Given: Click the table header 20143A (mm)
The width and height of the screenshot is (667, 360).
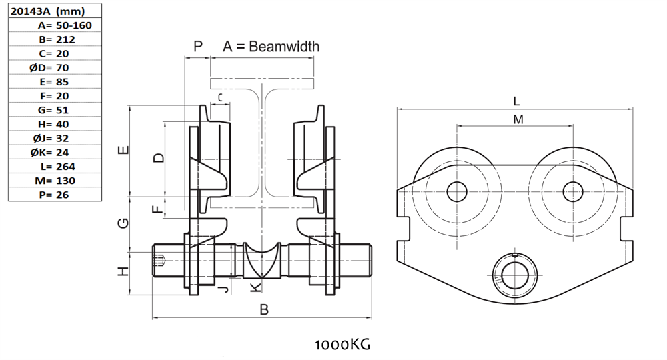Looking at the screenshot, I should pyautogui.click(x=46, y=11).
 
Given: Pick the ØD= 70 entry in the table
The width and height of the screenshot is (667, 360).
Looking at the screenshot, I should pyautogui.click(x=54, y=67).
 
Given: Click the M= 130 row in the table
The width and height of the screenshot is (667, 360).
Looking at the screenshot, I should pyautogui.click(x=55, y=180).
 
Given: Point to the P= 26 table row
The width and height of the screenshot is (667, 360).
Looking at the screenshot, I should pyautogui.click(x=54, y=195).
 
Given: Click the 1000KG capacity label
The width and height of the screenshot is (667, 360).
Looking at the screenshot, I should pyautogui.click(x=342, y=345).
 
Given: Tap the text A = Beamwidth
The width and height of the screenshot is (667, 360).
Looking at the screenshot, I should pyautogui.click(x=271, y=47).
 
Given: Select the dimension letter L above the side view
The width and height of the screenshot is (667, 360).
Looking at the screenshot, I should pyautogui.click(x=516, y=101).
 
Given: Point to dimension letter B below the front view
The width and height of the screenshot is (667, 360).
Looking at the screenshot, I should pyautogui.click(x=264, y=309).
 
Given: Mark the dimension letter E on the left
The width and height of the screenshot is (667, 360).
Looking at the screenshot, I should pyautogui.click(x=123, y=151).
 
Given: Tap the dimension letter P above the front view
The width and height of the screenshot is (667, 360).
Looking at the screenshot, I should pyautogui.click(x=197, y=46).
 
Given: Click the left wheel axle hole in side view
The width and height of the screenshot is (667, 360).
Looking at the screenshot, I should pyautogui.click(x=457, y=192).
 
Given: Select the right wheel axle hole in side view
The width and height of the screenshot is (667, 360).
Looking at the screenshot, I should pyautogui.click(x=572, y=192).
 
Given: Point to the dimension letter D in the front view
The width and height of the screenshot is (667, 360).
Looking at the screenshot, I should pyautogui.click(x=158, y=158).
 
